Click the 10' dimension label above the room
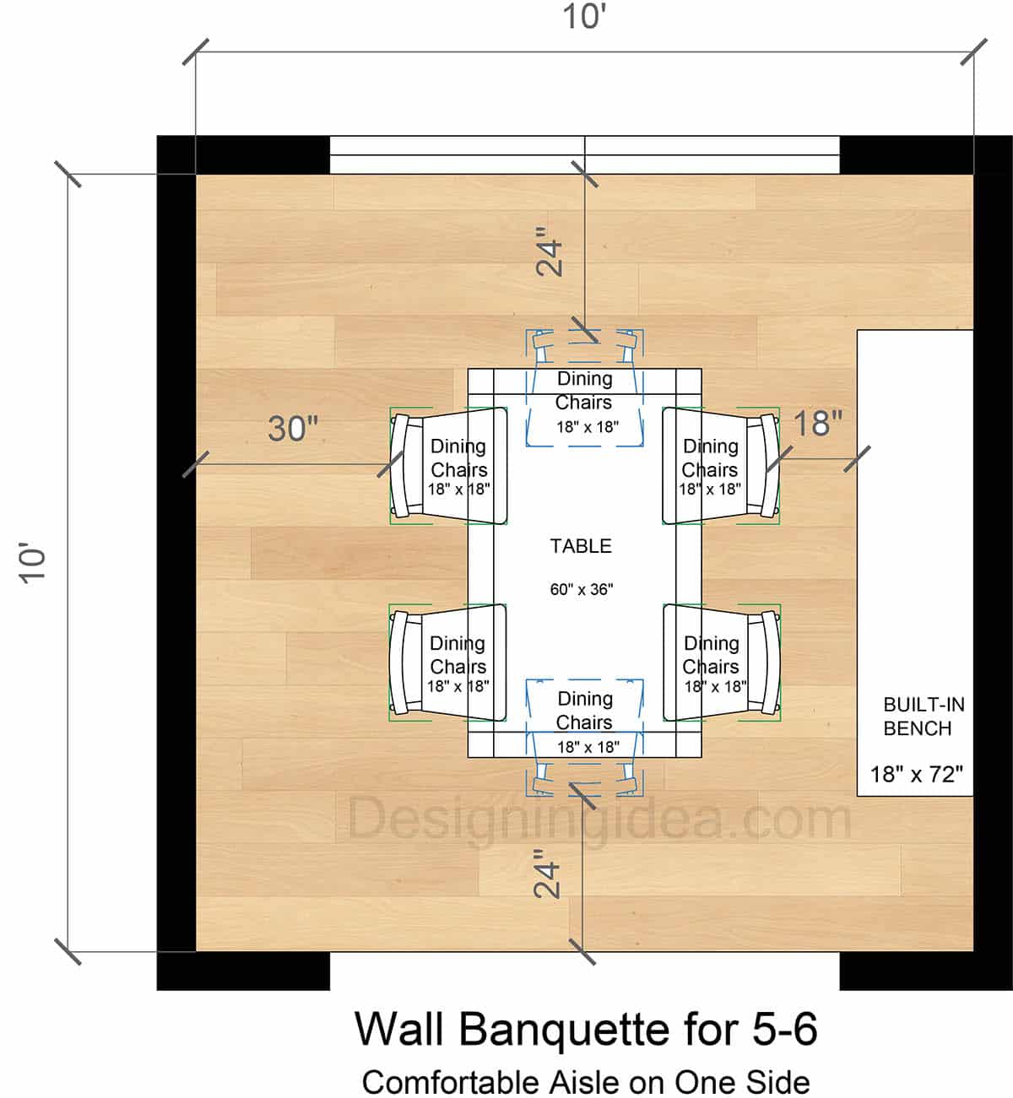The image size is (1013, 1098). pos(585,17)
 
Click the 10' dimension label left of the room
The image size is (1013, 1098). pos(34,563)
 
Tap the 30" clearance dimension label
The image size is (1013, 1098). pos(293,429)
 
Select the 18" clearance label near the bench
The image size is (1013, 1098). pos(817,424)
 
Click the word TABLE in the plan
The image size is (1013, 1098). pos(581,546)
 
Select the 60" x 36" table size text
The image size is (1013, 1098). pos(581,589)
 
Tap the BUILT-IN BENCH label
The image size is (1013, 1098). pos(923,717)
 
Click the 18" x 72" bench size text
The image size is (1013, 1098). pos(916,774)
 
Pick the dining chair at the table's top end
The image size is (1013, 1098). pos(584,388)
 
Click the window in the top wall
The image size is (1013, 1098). pos(584,154)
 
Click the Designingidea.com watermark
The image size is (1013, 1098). pos(599,819)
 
